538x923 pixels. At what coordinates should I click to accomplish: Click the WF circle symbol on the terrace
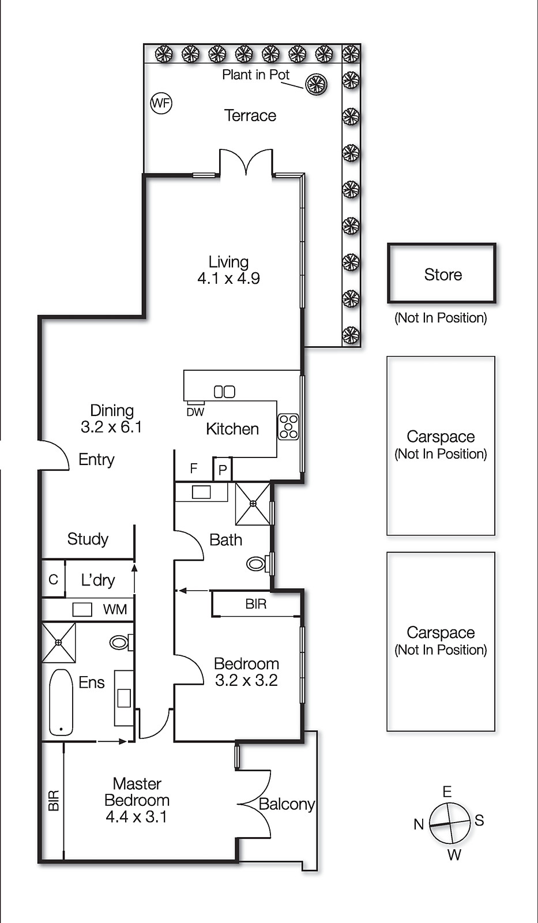[161, 103]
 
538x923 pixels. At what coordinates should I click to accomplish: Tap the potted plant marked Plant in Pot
[316, 85]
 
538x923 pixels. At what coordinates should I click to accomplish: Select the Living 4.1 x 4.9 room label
[228, 270]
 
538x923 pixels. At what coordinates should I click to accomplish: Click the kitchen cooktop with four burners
[288, 427]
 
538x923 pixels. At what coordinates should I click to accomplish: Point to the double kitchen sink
[224, 392]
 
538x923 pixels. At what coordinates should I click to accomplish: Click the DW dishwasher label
[195, 412]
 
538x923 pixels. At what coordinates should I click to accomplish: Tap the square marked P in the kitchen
[223, 470]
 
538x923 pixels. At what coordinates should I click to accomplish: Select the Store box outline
[442, 273]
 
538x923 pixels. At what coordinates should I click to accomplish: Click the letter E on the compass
[447, 791]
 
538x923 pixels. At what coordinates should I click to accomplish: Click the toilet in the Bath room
[257, 563]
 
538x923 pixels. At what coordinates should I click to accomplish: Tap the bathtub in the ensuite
[61, 702]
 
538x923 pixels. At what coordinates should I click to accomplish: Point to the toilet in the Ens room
[121, 642]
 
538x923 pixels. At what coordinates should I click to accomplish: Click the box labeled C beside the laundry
[53, 579]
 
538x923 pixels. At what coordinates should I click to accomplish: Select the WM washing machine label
[115, 610]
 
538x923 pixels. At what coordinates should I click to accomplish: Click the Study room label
[88, 539]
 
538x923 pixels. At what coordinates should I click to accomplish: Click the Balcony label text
[287, 804]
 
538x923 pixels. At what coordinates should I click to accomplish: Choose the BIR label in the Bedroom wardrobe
[255, 604]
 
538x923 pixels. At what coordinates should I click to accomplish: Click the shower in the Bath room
[253, 504]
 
